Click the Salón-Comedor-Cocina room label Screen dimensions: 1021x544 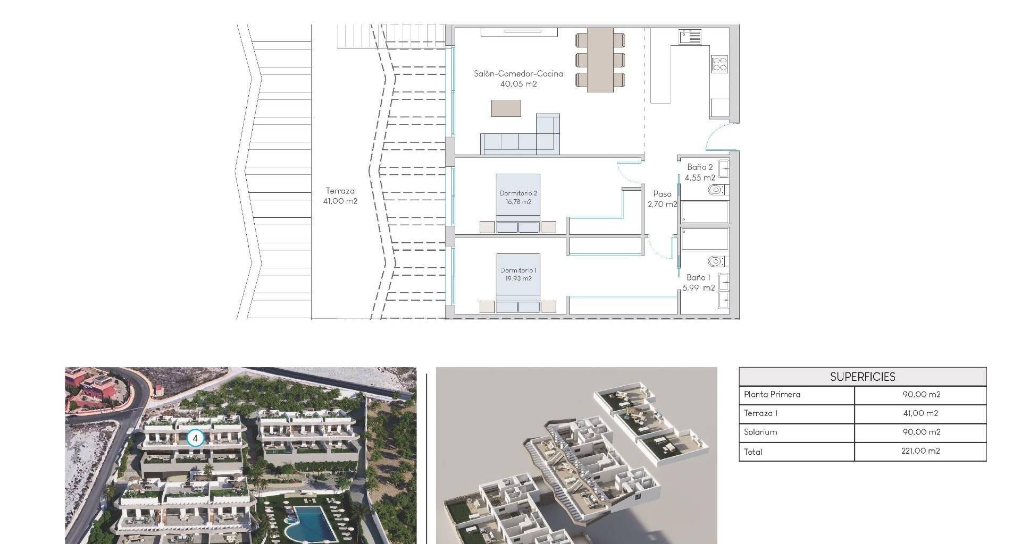point(518,79)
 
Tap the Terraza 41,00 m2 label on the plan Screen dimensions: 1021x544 point(340,196)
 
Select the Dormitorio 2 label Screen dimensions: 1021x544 point(518,198)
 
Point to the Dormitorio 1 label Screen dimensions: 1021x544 point(518,275)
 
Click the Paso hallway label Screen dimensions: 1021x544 point(663,199)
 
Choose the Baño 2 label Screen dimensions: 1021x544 point(700,172)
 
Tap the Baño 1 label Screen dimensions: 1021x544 point(699,283)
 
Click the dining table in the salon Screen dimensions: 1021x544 point(600,59)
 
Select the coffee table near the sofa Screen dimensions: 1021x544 point(506,108)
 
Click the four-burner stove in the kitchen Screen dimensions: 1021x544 point(719,64)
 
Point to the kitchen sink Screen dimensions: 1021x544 point(690,37)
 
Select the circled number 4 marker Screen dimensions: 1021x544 point(196,438)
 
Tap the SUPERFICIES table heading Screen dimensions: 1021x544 point(863,377)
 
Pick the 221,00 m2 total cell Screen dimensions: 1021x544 point(921,451)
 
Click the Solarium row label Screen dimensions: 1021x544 point(760,432)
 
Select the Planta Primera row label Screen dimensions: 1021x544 point(772,394)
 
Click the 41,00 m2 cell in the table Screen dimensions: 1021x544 point(921,413)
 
